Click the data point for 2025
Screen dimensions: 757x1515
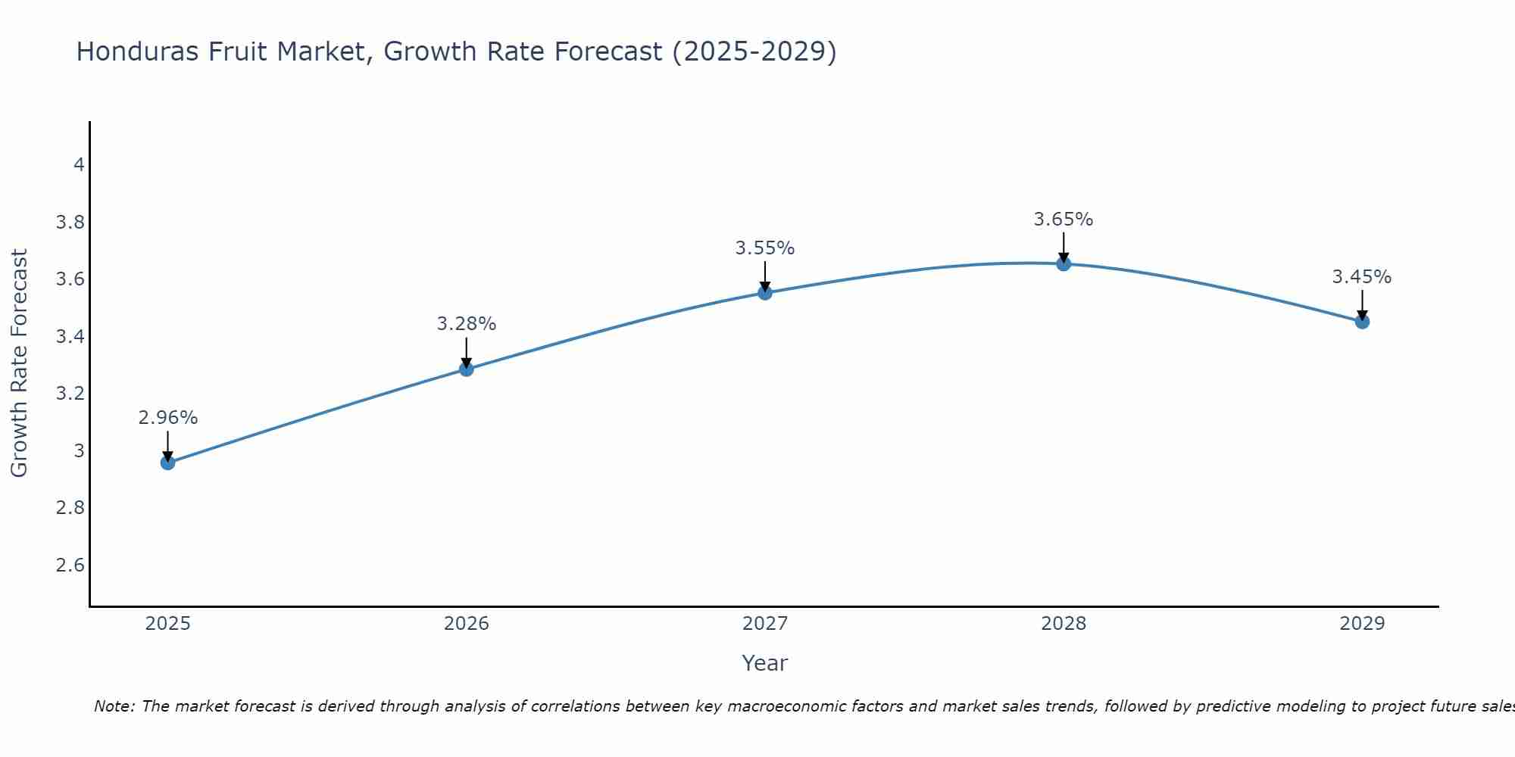pos(168,463)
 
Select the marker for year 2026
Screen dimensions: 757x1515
pos(467,369)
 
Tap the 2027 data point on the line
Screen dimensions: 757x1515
pos(765,293)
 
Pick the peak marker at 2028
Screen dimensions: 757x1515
pos(1064,264)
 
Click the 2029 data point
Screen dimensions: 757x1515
pos(1362,322)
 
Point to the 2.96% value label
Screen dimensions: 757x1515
pos(168,418)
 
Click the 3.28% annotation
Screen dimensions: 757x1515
pos(467,324)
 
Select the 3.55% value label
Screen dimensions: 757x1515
pos(765,248)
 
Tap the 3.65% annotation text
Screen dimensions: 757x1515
pos(1064,220)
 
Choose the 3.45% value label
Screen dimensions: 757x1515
pos(1362,277)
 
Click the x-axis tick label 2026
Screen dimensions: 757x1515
pos(467,624)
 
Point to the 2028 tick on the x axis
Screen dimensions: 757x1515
pos(1064,624)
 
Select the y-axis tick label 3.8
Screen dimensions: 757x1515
pos(70,223)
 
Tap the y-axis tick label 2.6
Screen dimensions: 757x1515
pos(70,565)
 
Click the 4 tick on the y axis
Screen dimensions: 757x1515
pos(79,165)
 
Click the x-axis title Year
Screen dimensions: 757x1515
pos(765,663)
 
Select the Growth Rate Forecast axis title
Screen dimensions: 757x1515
pos(19,363)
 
